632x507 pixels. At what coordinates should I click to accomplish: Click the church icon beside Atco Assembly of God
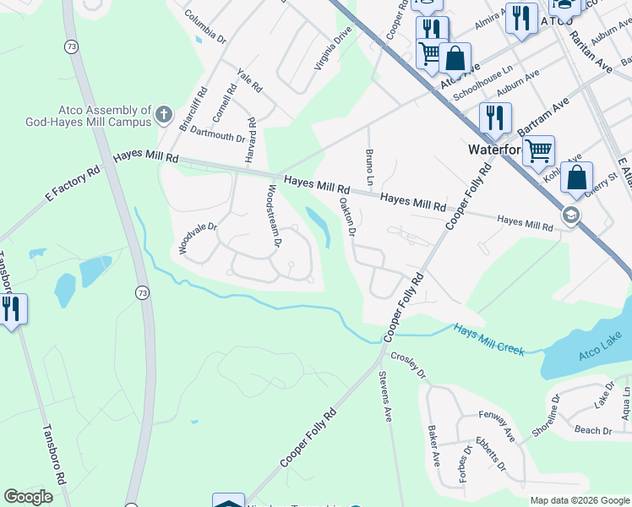tap(164, 113)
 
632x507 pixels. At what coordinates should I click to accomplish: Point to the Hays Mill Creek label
tap(488, 339)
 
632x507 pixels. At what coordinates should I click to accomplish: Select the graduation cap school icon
tap(571, 215)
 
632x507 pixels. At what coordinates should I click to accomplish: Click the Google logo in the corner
tap(28, 497)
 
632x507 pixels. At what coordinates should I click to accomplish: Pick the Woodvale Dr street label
tap(198, 239)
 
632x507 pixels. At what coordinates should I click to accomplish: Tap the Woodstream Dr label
tap(274, 215)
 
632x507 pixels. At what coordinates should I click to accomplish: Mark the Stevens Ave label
tap(385, 397)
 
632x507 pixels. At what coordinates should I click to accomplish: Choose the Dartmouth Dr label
tap(217, 133)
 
